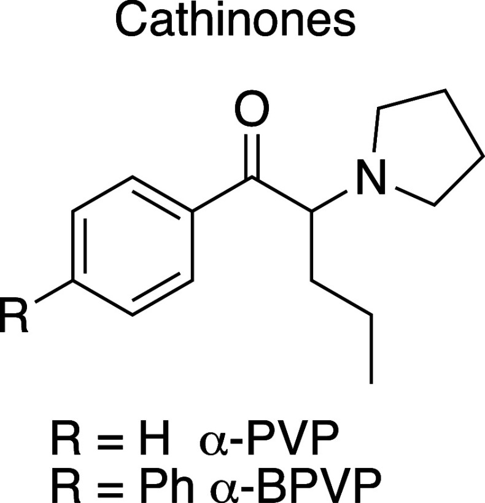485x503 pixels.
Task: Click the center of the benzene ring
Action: (133, 247)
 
